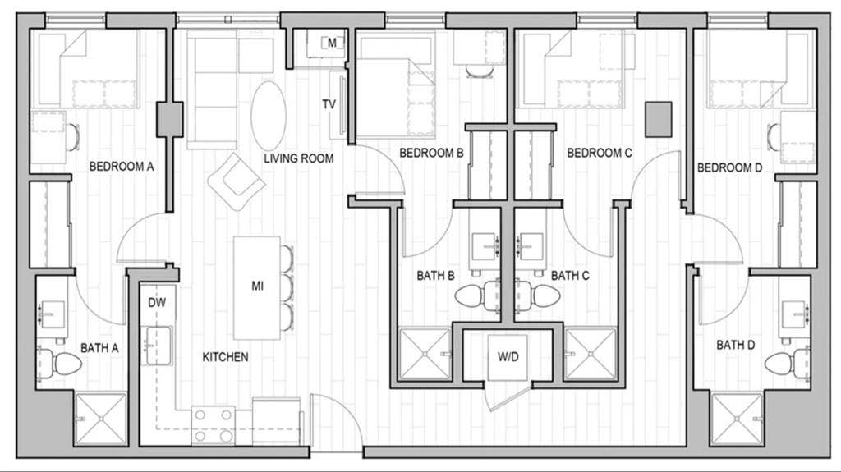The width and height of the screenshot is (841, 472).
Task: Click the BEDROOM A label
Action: tap(122, 167)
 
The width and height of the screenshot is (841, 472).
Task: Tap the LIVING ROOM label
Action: tap(299, 158)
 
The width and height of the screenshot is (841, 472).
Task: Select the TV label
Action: tap(329, 104)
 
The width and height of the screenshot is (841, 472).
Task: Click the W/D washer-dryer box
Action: tap(507, 357)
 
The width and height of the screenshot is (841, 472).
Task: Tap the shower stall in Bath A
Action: tap(101, 419)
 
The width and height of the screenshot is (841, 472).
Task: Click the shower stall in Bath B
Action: tap(424, 354)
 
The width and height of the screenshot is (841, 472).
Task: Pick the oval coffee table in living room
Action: tap(269, 116)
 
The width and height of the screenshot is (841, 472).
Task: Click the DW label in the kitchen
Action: tap(157, 302)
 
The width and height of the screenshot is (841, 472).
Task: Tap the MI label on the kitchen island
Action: tap(257, 286)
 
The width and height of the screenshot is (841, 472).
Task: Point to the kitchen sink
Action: tap(159, 346)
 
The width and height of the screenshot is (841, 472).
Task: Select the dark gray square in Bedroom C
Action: tap(658, 119)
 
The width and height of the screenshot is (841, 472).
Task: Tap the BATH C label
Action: tap(570, 276)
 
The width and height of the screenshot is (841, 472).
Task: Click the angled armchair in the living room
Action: tap(236, 181)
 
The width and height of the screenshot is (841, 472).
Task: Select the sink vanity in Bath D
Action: tap(794, 314)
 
